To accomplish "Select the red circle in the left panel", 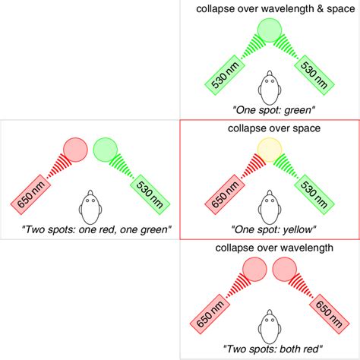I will point(75,150).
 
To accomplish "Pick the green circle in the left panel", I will point(104,150).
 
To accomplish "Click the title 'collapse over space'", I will point(269,128).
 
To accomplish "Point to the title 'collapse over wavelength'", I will point(269,248).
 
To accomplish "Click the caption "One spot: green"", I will point(269,110).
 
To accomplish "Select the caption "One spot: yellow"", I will point(269,229).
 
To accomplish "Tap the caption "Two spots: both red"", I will point(269,349).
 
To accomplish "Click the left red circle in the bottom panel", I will point(254,270).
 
